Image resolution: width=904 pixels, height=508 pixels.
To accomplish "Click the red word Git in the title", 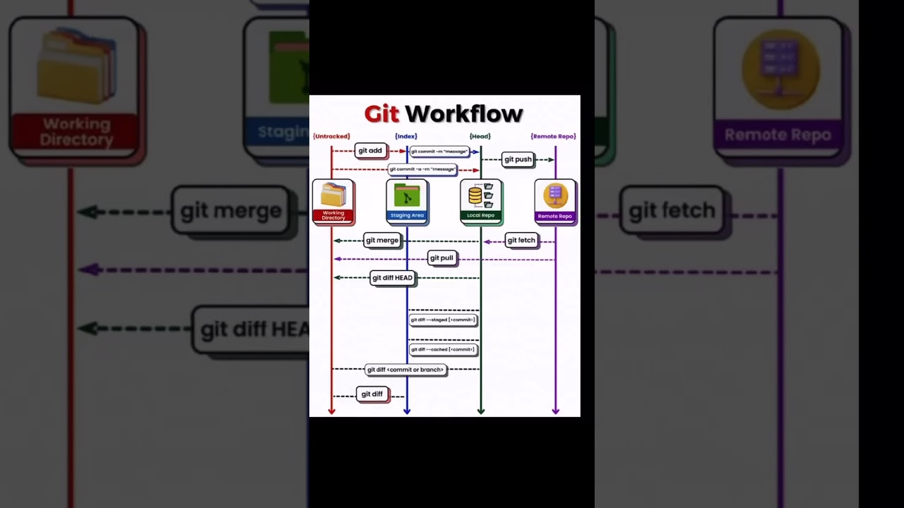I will tap(381, 114).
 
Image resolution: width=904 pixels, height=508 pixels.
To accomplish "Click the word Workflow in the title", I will tap(463, 114).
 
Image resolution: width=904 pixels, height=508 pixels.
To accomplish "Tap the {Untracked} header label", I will tap(331, 136).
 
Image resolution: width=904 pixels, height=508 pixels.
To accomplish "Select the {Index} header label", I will tap(406, 136).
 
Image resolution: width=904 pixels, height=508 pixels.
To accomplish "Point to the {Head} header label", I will tap(480, 136).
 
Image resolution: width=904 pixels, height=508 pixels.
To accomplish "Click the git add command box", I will tap(370, 150).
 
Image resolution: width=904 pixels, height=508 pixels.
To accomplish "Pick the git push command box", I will tap(518, 159).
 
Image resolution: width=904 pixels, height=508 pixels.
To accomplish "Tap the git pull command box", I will tap(441, 258).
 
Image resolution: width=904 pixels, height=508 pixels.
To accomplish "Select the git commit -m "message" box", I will tap(439, 151).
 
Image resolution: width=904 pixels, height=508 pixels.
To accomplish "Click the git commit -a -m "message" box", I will tap(422, 169).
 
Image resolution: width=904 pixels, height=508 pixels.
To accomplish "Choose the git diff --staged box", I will tap(443, 320).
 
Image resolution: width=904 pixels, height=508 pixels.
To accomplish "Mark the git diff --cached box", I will tap(443, 349).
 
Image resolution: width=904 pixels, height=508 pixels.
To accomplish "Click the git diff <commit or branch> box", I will tap(405, 370).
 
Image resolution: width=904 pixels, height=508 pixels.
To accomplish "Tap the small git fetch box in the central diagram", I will tap(521, 241).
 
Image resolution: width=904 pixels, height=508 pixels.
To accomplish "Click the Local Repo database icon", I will tap(475, 195).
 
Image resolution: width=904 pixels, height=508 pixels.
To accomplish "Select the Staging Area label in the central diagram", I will tap(407, 215).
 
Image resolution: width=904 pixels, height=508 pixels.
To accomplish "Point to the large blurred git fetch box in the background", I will tap(672, 210).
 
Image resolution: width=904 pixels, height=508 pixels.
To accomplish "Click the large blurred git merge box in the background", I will tap(230, 210).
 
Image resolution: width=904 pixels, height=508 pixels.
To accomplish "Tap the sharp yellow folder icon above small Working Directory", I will tap(333, 195).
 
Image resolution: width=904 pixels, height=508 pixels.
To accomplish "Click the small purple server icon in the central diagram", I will tap(555, 195).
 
